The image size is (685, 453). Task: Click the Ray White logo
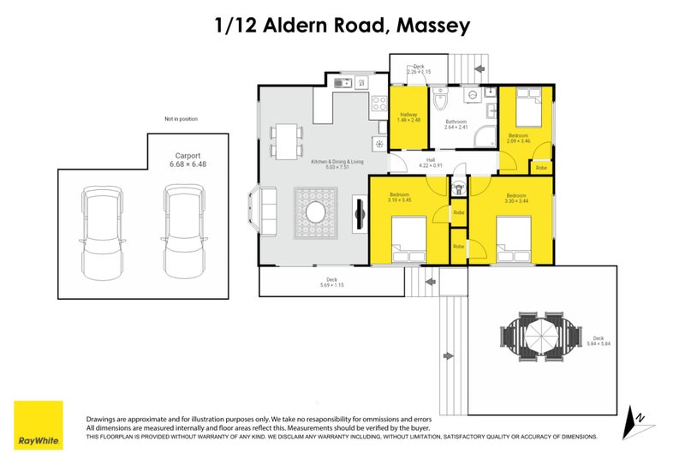[38, 425]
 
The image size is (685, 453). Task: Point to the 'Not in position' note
[181, 119]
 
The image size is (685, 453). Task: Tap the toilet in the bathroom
[440, 102]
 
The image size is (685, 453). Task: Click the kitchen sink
[343, 83]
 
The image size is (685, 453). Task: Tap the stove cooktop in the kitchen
[378, 105]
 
